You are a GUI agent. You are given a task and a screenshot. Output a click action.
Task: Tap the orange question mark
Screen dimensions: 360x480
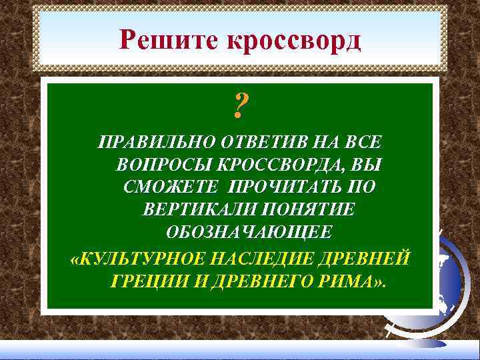(x=241, y=105)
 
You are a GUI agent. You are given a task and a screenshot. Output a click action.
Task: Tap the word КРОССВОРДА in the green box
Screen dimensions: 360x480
(x=279, y=164)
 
